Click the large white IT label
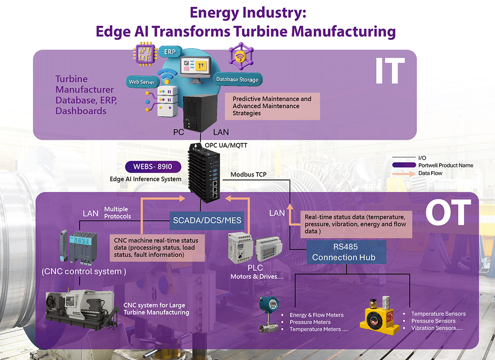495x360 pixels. [390, 71]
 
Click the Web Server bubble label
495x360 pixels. [142, 82]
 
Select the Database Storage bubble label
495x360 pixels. [237, 79]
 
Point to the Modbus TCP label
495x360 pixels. [249, 175]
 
